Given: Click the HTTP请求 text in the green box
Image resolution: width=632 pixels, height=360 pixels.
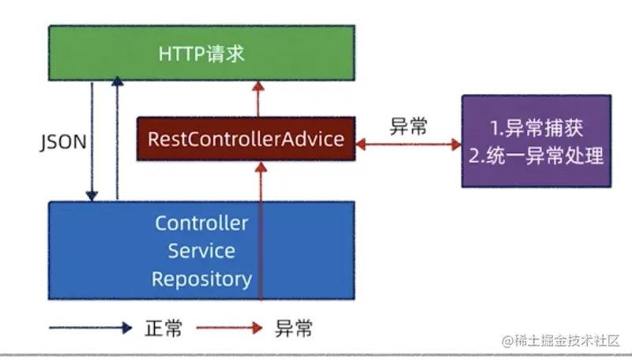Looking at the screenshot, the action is coord(201,54).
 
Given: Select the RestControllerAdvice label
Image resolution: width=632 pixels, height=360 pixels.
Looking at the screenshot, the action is coord(246,139).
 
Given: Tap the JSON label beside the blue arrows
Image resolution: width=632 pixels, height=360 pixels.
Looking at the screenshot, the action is coord(63,142).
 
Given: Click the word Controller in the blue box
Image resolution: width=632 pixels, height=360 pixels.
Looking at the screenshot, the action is coord(201,223).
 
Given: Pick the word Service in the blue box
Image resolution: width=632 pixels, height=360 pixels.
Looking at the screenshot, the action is coord(201,251).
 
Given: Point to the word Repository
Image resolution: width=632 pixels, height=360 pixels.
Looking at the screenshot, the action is coord(201,279).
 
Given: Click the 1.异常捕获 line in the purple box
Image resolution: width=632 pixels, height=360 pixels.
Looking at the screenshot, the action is coord(536,128).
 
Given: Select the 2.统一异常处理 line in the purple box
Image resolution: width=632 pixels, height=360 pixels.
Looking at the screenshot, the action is coord(536,156).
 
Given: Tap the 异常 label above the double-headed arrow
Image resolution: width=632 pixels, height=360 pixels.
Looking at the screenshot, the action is coord(408,126).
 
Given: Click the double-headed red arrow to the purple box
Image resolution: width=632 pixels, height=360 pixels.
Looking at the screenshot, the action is coord(408,144).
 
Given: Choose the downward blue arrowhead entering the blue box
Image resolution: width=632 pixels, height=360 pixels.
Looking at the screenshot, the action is coord(92,196).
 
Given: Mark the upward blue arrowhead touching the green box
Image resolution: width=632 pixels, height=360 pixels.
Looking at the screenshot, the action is coord(117,81).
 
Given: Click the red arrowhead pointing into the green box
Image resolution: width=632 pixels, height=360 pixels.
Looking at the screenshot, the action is coord(258,86).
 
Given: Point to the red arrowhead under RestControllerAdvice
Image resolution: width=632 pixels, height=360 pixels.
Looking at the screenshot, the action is coord(261,167).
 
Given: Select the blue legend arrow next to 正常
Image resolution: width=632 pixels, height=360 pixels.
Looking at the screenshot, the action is coord(91,328).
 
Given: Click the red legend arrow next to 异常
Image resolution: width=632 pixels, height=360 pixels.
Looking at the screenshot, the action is coord(229,328).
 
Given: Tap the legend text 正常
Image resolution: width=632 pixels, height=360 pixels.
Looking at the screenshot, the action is coord(164,328).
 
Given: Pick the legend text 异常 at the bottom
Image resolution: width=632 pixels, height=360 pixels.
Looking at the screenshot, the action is coord(293,328).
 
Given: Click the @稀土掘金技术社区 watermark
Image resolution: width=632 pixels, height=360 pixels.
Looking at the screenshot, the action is coord(561,341).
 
